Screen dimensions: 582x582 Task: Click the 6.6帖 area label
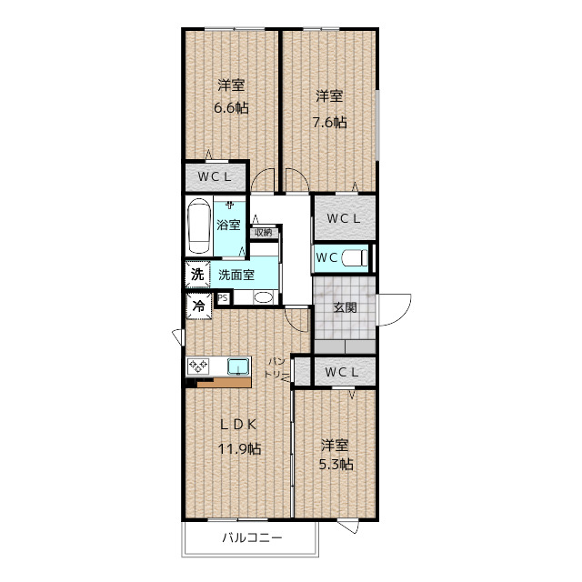(x=231, y=108)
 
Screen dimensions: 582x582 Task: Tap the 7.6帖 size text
(x=329, y=122)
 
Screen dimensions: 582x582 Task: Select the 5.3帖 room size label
(x=336, y=465)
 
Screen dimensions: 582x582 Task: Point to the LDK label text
(x=238, y=425)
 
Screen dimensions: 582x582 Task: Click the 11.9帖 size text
(x=239, y=449)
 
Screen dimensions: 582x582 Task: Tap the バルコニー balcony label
(x=253, y=537)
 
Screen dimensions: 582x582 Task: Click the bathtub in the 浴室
(x=199, y=226)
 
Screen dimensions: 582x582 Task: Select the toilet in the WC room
(x=355, y=257)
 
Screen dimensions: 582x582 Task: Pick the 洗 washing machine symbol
(x=197, y=275)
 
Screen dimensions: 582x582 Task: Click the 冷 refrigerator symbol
(x=199, y=306)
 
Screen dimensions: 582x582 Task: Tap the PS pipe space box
(x=223, y=298)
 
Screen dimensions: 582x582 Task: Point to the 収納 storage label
(x=264, y=233)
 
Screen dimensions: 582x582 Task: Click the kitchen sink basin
(x=238, y=366)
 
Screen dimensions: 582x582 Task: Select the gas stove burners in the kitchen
(x=198, y=366)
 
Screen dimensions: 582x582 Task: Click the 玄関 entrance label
(x=345, y=307)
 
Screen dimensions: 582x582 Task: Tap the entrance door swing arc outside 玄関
(x=401, y=316)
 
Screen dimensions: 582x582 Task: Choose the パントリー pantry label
(x=276, y=367)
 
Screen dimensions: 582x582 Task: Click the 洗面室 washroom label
(x=236, y=275)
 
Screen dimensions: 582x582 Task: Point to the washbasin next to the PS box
(x=263, y=297)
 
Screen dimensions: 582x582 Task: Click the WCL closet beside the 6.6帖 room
(x=216, y=176)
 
